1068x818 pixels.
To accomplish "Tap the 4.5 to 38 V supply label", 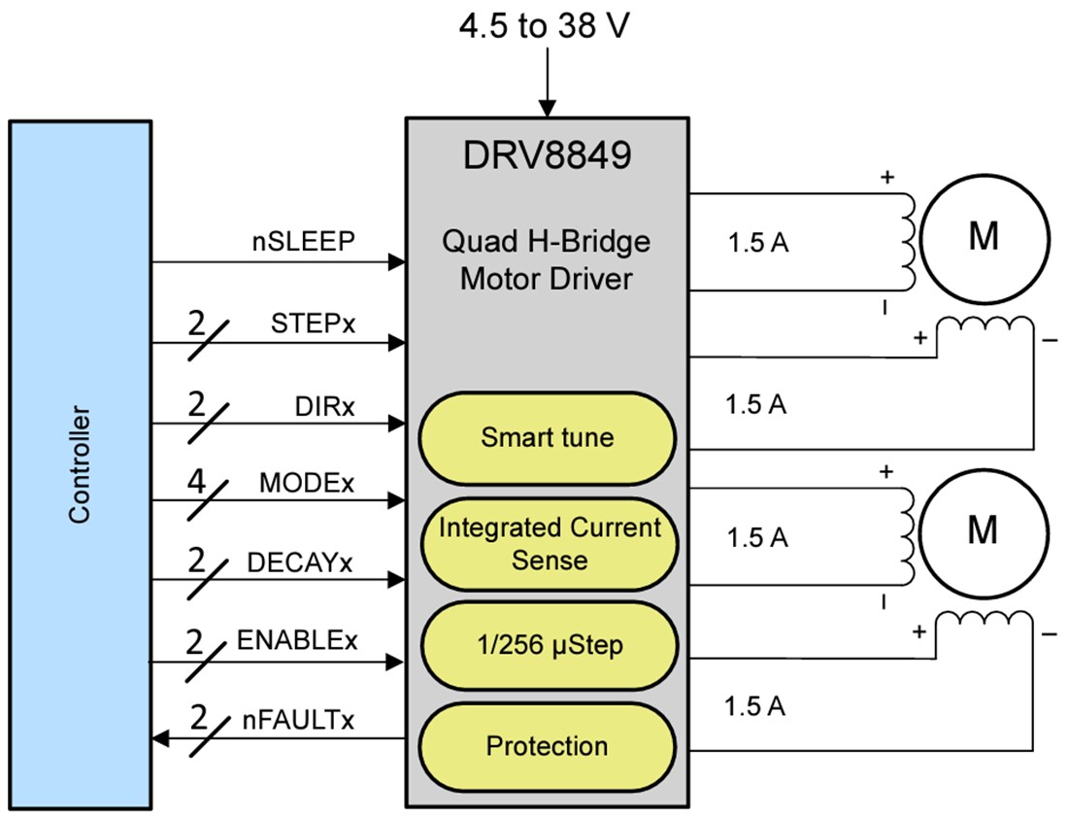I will click(547, 26).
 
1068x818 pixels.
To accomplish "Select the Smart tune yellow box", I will click(547, 437).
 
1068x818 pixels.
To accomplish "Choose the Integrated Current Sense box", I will click(547, 543).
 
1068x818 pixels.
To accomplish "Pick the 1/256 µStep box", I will click(547, 646).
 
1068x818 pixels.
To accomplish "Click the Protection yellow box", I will click(547, 746).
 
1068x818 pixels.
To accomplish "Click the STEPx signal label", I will click(313, 324).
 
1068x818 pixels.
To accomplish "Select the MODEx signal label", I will click(307, 484).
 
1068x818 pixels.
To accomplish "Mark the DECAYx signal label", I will click(299, 562).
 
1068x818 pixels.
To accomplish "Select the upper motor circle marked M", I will click(984, 236).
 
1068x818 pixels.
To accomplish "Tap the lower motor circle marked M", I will click(984, 530).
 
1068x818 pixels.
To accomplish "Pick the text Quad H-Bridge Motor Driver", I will click(547, 260).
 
